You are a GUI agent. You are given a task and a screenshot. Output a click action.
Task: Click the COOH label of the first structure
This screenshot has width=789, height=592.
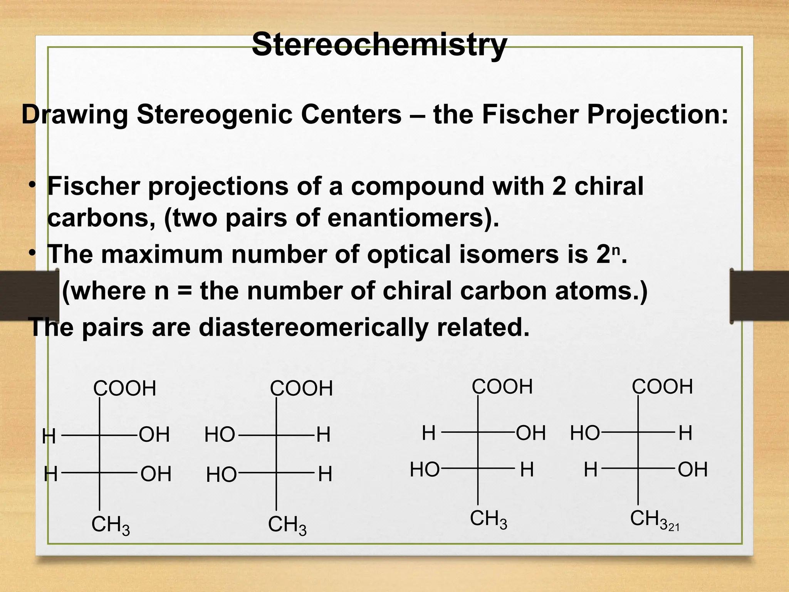click(125, 388)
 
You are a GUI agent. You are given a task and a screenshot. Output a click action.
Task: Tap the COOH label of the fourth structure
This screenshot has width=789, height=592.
click(662, 387)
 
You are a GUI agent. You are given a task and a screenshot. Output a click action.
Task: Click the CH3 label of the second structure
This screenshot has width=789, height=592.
click(287, 525)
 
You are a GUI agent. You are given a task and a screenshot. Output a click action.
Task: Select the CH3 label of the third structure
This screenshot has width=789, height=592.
click(489, 519)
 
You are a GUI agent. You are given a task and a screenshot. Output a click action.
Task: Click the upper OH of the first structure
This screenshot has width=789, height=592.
click(154, 435)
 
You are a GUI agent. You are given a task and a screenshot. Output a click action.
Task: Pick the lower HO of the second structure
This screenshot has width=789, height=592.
click(222, 475)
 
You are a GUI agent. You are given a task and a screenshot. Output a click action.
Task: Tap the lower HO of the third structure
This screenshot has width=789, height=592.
click(425, 470)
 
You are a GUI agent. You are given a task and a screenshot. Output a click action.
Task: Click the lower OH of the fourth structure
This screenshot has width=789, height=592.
click(693, 470)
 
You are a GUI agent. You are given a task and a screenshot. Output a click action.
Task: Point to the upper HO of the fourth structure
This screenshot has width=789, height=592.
click(585, 433)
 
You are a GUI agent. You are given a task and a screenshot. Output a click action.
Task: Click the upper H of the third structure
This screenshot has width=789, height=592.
click(429, 433)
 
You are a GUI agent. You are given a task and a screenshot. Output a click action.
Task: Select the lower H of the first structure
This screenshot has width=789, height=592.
click(50, 474)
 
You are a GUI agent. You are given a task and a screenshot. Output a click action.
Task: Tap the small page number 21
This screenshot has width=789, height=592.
click(674, 527)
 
